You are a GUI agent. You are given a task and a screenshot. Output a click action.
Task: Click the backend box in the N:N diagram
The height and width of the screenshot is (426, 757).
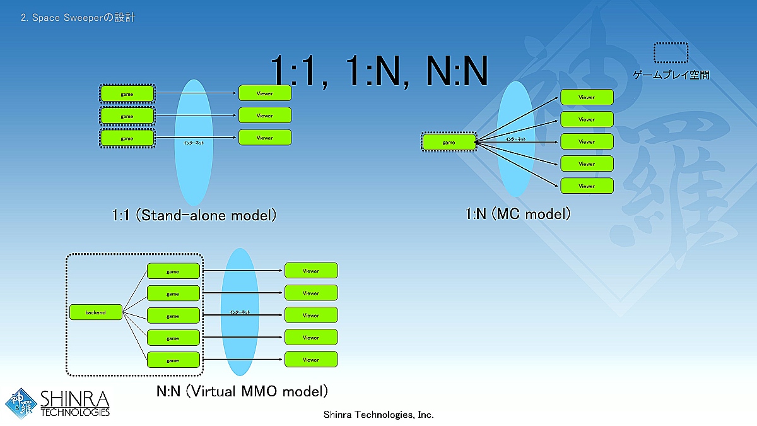tap(96, 312)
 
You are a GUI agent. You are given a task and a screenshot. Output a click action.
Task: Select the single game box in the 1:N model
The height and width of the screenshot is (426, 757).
tap(449, 142)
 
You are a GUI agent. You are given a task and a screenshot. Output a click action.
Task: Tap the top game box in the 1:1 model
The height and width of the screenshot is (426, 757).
tap(127, 94)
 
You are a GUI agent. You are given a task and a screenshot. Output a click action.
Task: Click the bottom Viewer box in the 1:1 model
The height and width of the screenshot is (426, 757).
tap(265, 138)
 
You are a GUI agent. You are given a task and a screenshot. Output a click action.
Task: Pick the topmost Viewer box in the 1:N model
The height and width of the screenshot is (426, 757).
tap(587, 97)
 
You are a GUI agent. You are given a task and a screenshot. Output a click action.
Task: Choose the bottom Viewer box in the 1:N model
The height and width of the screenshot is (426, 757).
tap(587, 186)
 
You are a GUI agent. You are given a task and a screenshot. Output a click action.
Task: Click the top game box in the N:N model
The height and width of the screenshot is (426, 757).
tap(173, 271)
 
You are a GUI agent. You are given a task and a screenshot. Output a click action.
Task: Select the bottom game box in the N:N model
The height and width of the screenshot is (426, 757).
tap(173, 360)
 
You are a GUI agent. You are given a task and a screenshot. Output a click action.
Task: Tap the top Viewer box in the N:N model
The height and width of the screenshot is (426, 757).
tap(311, 271)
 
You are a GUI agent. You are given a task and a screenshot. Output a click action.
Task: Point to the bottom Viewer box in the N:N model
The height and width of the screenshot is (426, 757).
tap(311, 360)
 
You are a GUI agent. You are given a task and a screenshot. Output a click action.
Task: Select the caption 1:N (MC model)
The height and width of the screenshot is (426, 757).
tap(518, 214)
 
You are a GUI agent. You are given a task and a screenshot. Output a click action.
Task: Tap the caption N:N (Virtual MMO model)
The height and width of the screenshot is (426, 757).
tap(242, 391)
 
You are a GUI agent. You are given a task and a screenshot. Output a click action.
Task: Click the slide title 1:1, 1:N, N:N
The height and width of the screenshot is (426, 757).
tap(379, 71)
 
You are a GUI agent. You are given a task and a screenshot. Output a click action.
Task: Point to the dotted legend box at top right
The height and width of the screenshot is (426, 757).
tap(671, 53)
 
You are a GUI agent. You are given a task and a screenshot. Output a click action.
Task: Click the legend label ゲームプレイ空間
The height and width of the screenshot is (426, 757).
tap(671, 75)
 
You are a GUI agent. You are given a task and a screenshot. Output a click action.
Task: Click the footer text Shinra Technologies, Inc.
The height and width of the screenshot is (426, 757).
tap(378, 415)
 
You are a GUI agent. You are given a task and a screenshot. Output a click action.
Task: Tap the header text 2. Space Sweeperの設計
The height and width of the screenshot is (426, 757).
tap(78, 18)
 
